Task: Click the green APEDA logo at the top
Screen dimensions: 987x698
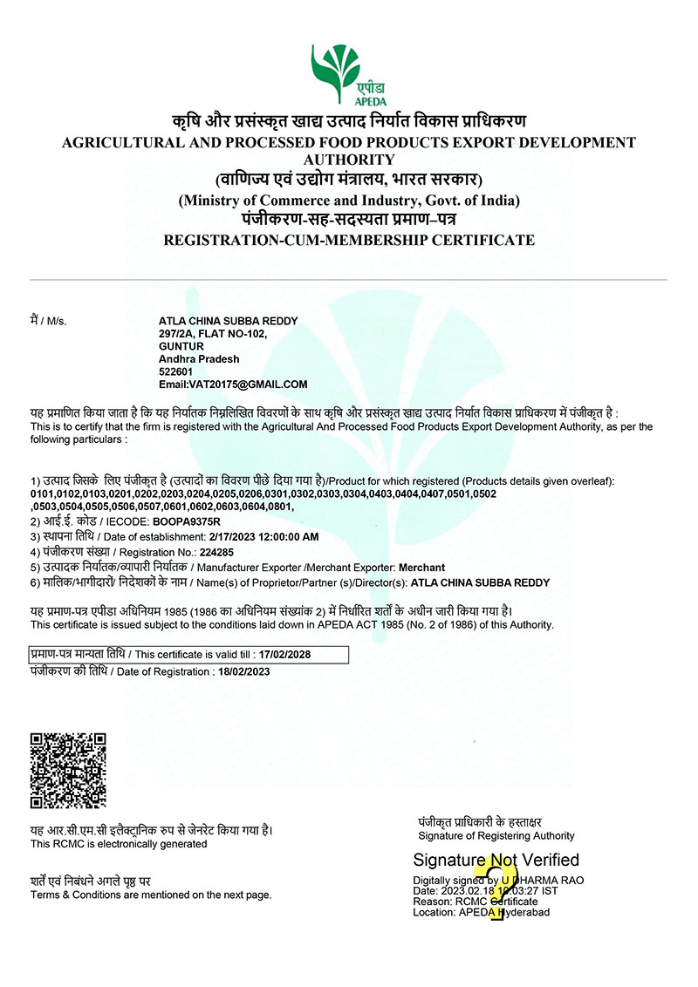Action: click(x=348, y=73)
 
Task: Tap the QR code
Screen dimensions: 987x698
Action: click(x=69, y=770)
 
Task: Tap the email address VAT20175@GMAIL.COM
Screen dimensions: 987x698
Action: click(x=233, y=384)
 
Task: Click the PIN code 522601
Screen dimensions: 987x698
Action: click(x=175, y=371)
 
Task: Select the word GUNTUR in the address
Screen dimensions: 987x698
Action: click(x=181, y=346)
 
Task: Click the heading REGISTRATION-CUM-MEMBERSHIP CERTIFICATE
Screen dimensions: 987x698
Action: click(x=349, y=240)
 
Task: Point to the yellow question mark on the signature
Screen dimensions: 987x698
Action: click(x=497, y=888)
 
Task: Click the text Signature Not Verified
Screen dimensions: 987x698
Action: click(x=496, y=861)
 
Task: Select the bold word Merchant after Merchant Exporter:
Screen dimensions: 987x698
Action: click(x=421, y=567)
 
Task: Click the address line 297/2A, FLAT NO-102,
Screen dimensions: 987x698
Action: click(x=212, y=334)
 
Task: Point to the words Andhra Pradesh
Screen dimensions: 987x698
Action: click(x=199, y=358)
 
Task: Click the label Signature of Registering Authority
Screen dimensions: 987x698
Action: click(x=496, y=836)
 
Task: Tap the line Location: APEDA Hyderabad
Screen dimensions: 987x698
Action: click(x=482, y=912)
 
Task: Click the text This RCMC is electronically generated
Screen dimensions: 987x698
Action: click(x=119, y=844)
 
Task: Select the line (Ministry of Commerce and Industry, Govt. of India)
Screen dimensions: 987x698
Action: click(x=349, y=201)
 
